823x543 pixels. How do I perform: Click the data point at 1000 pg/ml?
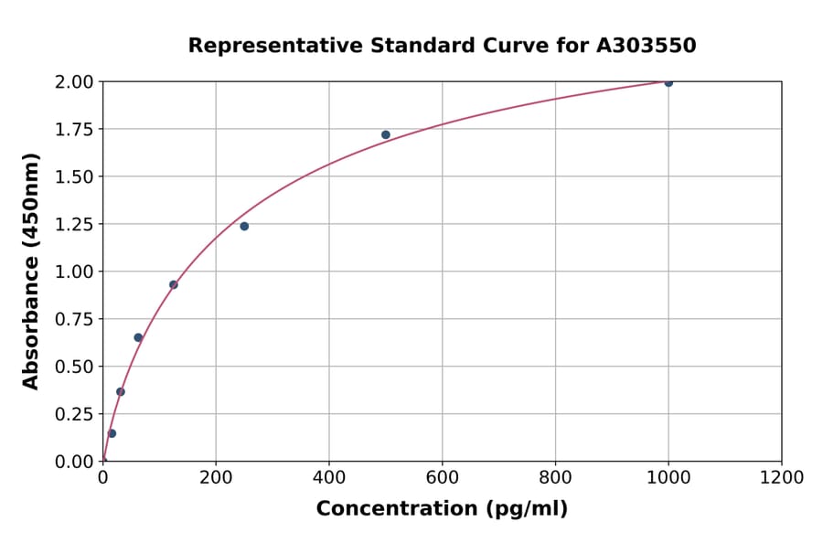click(x=668, y=82)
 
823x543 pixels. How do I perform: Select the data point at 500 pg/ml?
click(x=386, y=134)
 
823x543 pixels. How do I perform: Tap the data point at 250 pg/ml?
click(x=244, y=226)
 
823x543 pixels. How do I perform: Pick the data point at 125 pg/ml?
click(x=174, y=284)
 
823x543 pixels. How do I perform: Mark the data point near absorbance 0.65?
click(x=138, y=337)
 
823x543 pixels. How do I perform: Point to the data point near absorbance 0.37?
click(x=121, y=391)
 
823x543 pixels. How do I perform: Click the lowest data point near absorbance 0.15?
click(x=112, y=433)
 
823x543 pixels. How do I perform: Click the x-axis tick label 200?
click(x=216, y=477)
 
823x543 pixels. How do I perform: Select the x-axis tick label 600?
click(x=442, y=477)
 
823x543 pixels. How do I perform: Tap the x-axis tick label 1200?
click(x=781, y=477)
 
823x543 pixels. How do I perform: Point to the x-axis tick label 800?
click(x=555, y=477)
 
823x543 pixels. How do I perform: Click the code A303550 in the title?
click(x=646, y=46)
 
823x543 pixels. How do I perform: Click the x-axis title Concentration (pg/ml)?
click(x=442, y=509)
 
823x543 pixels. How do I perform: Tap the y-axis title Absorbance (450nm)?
click(x=31, y=271)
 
